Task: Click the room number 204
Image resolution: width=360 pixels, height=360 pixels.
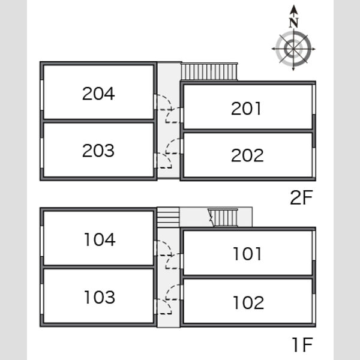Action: pyautogui.click(x=98, y=94)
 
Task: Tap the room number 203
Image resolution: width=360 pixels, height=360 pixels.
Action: pyautogui.click(x=98, y=151)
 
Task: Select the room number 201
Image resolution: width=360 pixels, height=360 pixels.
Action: pyautogui.click(x=246, y=109)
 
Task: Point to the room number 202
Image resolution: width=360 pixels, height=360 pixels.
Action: pyautogui.click(x=247, y=155)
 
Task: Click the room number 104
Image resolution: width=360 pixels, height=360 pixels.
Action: pyautogui.click(x=100, y=239)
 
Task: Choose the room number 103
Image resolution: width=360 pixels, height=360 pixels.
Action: pyautogui.click(x=100, y=297)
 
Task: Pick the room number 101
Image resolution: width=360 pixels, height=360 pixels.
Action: pyautogui.click(x=247, y=254)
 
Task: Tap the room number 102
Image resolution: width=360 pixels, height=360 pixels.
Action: pyautogui.click(x=248, y=302)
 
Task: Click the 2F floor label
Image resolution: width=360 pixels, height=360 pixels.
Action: pyautogui.click(x=301, y=197)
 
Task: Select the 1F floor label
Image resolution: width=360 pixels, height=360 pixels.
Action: pyautogui.click(x=302, y=344)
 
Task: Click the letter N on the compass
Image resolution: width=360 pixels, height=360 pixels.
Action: pyautogui.click(x=293, y=23)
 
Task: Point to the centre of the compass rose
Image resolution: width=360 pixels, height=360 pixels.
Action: pyautogui.click(x=293, y=49)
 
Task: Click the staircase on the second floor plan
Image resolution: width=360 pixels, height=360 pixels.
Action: pyautogui.click(x=209, y=71)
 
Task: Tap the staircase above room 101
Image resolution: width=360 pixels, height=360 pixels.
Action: pyautogui.click(x=223, y=218)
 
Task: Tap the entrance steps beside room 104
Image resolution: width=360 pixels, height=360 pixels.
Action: pyautogui.click(x=168, y=217)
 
